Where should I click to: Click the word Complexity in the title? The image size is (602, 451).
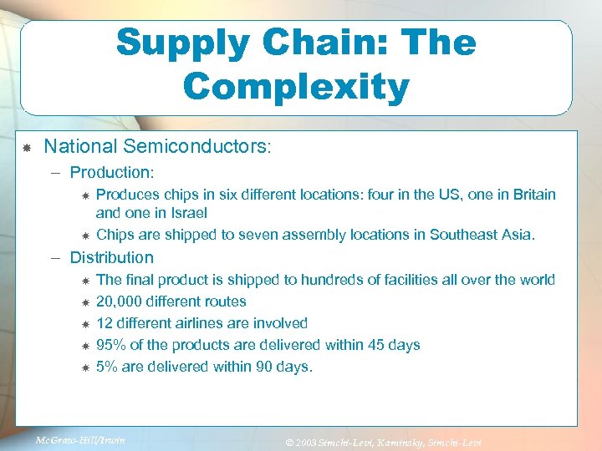click(x=296, y=86)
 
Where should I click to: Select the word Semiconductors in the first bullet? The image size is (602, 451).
click(x=195, y=147)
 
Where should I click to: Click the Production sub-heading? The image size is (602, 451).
click(x=112, y=173)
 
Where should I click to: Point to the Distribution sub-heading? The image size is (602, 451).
click(x=112, y=257)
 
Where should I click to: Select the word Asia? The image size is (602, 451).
click(x=538, y=235)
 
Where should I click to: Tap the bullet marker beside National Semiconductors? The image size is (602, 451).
click(x=27, y=148)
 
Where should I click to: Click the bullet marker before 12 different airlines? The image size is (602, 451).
click(x=84, y=324)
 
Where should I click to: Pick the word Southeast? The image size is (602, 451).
click(x=464, y=235)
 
